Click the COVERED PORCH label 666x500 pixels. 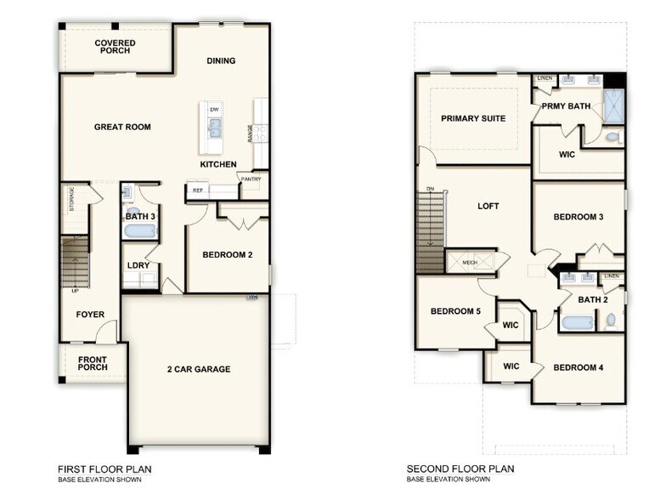(115, 47)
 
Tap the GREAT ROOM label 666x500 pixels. (122, 128)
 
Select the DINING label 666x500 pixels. (221, 61)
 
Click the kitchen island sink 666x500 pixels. (214, 128)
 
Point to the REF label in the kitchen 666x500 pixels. (197, 191)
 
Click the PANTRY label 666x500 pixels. (251, 179)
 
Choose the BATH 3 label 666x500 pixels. (140, 217)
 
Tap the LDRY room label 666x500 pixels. (138, 264)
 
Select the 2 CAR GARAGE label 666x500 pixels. (198, 369)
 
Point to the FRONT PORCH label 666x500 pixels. (93, 364)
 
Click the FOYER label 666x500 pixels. (90, 315)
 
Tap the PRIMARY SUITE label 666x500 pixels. (473, 119)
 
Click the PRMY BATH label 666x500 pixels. (567, 106)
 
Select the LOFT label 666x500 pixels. (488, 207)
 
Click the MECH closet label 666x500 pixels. (470, 263)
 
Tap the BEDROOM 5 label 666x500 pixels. (455, 312)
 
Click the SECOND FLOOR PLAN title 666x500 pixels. (460, 469)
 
